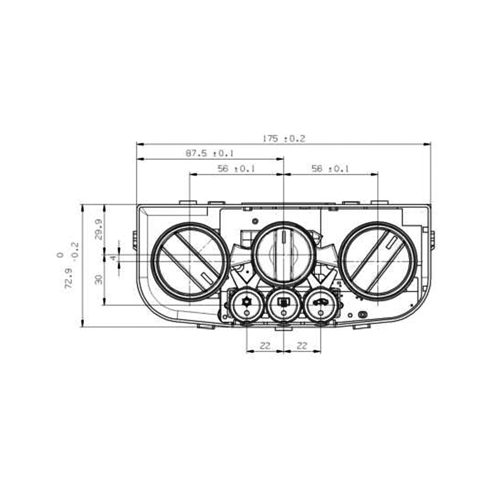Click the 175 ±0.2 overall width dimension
pyautogui.click(x=283, y=139)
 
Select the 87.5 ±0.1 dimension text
pyautogui.click(x=210, y=154)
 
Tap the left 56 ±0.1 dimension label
pyautogui.click(x=236, y=169)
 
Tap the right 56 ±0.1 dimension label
pyautogui.click(x=330, y=169)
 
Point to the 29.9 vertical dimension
pyautogui.click(x=98, y=229)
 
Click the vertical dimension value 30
pyautogui.click(x=98, y=279)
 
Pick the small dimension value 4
pyautogui.click(x=113, y=257)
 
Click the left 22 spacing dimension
pyautogui.click(x=265, y=346)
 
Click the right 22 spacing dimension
pyautogui.click(x=302, y=346)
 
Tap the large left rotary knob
pyautogui.click(x=189, y=261)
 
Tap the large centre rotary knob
pyautogui.click(x=284, y=254)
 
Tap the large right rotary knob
pyautogui.click(x=378, y=261)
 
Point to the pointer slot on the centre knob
pyautogui.click(x=284, y=235)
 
